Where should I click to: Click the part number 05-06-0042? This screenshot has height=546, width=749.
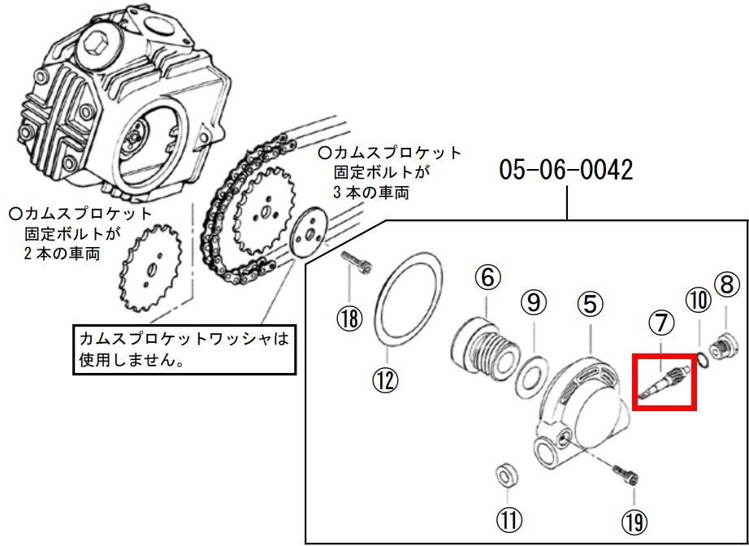(565, 170)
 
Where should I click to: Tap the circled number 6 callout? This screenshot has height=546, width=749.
(486, 279)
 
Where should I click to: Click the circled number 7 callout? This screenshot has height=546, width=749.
(660, 323)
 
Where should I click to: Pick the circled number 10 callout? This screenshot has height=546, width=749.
(697, 301)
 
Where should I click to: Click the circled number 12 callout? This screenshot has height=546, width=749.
(387, 379)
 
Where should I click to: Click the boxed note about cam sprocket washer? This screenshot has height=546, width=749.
(182, 348)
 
